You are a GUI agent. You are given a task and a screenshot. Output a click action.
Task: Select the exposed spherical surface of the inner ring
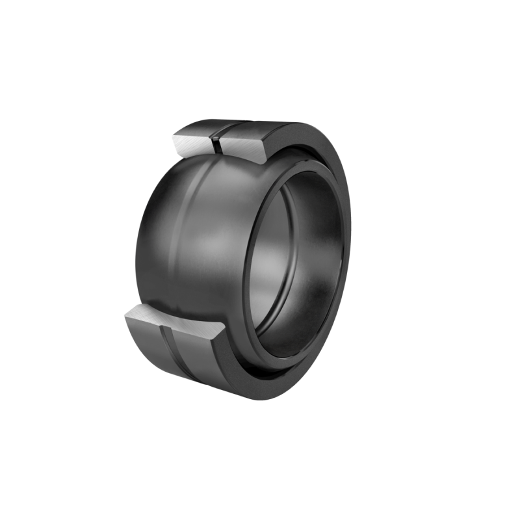pos(195,240)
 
